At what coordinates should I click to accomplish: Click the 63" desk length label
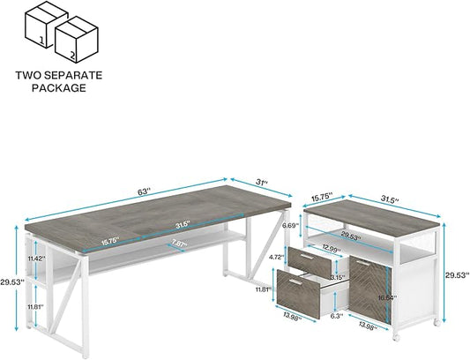tap(144, 191)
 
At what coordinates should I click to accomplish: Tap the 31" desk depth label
tap(261, 182)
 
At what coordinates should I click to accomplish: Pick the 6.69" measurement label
tap(290, 225)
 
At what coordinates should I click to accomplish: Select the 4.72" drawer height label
tap(276, 257)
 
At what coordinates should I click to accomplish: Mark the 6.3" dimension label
tap(337, 315)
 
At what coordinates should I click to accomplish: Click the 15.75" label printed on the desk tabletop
tap(110, 241)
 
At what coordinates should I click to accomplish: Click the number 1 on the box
tap(41, 41)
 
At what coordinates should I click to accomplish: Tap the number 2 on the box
tap(72, 55)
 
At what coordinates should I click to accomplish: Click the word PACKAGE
tap(59, 87)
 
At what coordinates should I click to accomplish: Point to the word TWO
tap(25, 75)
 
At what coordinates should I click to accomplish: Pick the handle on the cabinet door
tap(363, 262)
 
